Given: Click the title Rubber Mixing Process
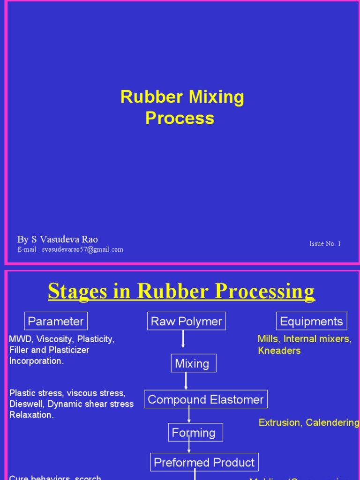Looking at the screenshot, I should tap(182, 107).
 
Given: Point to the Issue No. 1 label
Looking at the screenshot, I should tap(325, 244).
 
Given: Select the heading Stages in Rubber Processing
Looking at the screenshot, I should tap(181, 291).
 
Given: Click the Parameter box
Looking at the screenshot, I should tap(56, 321).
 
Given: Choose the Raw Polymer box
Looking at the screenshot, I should tap(186, 321).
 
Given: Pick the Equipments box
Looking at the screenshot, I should tap(311, 321).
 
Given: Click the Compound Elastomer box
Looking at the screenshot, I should tap(205, 399).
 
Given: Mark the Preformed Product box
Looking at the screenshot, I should tap(204, 462).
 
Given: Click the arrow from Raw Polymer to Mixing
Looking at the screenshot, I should tap(183, 339).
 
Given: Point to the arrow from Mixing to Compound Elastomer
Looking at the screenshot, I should tap(186, 381).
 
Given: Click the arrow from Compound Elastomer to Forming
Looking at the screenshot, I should tap(189, 414).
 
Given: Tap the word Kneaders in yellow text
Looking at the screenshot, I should tap(279, 351).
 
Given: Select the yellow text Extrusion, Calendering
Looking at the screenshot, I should tap(309, 422).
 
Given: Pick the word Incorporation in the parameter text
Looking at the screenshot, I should tap(36, 361).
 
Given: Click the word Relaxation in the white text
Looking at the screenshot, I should tap(31, 415).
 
